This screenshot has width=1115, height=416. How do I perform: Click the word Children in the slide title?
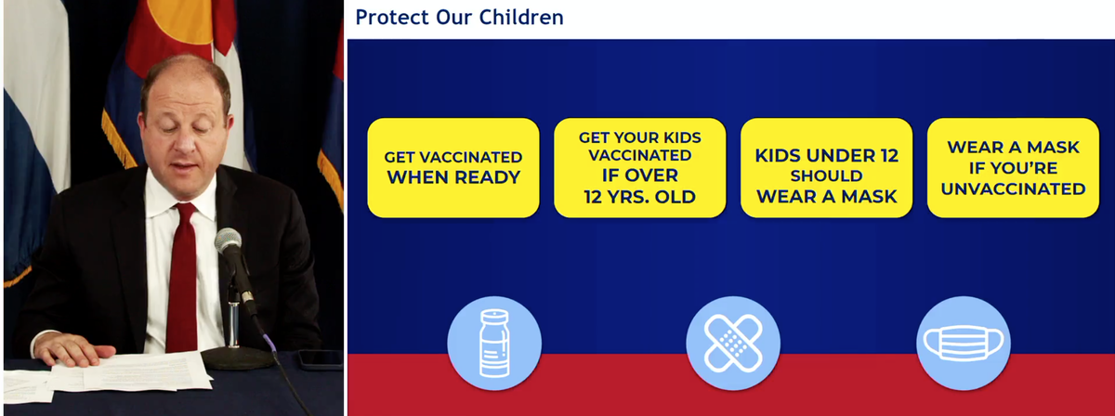tap(521, 18)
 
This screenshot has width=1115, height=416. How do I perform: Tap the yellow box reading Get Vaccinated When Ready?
tap(453, 168)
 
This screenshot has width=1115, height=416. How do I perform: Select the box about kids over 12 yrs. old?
tap(639, 168)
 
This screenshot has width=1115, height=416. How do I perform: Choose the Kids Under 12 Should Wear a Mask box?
tap(826, 168)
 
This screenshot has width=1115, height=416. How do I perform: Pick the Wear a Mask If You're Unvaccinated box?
tap(1013, 168)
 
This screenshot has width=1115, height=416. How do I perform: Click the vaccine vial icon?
tap(494, 343)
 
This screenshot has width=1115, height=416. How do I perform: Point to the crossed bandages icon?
tap(733, 343)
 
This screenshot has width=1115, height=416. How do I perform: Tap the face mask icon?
tap(964, 343)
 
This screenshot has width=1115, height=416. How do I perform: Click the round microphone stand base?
tap(238, 357)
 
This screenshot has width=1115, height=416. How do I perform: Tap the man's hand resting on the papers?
tap(73, 349)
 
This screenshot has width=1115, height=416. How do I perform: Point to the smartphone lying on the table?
tap(320, 359)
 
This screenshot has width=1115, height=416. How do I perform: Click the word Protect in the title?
tap(392, 18)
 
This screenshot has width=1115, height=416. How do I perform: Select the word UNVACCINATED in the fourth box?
tap(1014, 189)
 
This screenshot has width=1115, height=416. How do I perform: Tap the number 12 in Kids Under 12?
tap(887, 156)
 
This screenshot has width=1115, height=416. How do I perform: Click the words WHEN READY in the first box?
tap(454, 177)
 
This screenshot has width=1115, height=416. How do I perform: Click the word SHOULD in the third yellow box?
tap(826, 175)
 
